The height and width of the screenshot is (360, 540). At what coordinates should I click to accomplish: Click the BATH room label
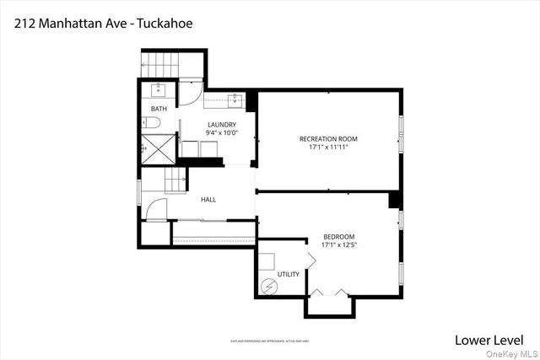159,110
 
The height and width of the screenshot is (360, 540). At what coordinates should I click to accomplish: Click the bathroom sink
158,89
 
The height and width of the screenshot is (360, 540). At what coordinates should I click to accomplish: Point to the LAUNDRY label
221,125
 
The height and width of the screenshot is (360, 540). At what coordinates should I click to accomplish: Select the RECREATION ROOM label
328,138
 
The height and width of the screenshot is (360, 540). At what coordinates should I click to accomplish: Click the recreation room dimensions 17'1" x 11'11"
328,147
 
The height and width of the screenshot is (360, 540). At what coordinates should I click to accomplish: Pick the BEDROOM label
338,236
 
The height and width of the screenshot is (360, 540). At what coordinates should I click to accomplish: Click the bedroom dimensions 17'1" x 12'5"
338,245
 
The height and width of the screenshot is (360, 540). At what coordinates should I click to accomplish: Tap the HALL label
208,200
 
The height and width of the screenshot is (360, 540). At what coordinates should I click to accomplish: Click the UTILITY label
289,274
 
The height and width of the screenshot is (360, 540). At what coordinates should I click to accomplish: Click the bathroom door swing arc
192,92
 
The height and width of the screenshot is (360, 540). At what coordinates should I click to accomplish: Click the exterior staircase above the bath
172,62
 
